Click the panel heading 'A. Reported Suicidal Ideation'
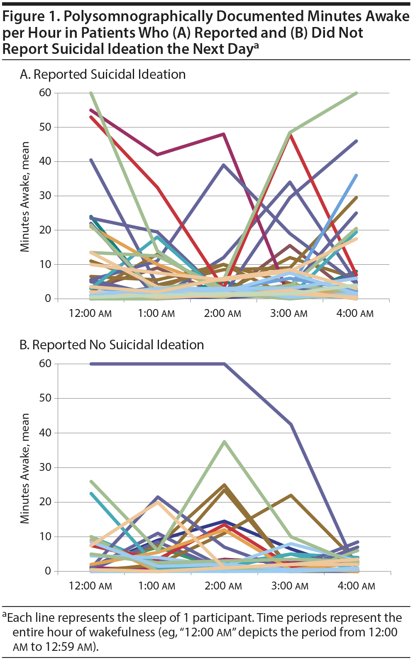103,75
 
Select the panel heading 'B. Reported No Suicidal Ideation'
112,345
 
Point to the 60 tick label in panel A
45,93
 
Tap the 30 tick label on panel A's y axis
45,196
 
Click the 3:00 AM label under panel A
289,313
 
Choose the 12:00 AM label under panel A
90,313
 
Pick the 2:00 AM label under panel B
223,586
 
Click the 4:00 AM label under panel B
356,586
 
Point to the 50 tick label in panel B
45,398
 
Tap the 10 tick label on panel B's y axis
45,537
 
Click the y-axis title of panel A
25,197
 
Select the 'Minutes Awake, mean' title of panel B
25,468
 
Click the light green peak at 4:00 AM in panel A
357,93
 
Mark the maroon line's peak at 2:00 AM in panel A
224,134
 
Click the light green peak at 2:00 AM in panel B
224,441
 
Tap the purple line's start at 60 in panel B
91,364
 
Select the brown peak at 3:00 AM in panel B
291,495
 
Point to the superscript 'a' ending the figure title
256,45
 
